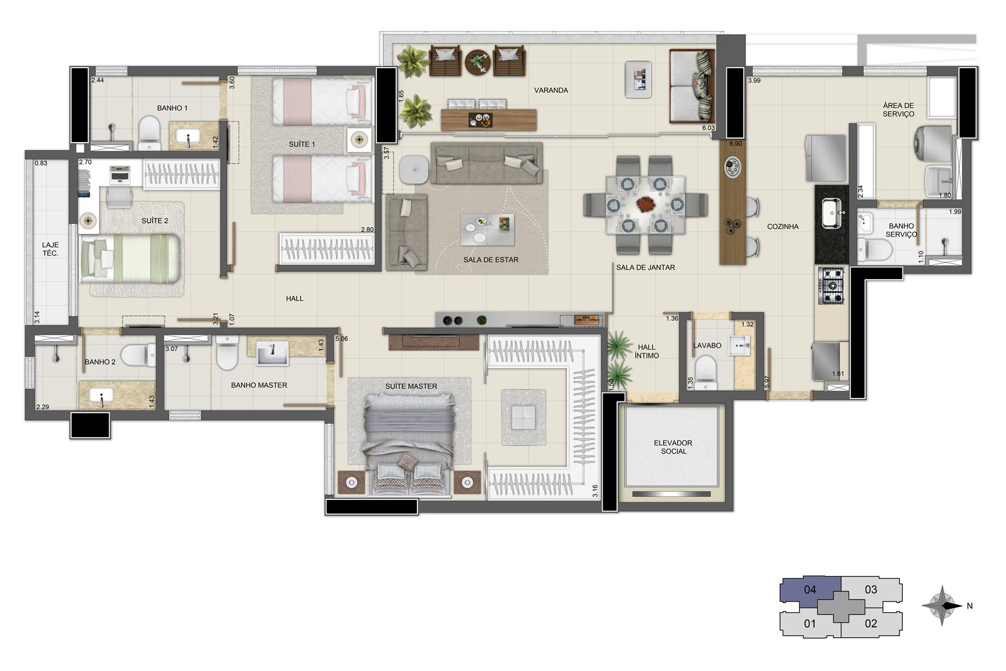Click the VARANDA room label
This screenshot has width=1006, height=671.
point(551,91)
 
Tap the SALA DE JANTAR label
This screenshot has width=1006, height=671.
point(645,268)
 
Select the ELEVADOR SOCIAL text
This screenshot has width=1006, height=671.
point(673,447)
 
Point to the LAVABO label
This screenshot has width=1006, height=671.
point(707,346)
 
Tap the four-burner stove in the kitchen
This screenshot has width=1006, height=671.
point(831,286)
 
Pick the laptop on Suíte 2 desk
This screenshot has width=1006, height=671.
point(120,175)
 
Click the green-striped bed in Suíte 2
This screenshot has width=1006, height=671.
point(131,258)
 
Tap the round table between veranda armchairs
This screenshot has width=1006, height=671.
point(478,62)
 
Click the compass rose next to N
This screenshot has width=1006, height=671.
point(942,606)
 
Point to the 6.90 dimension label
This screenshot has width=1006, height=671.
point(736,144)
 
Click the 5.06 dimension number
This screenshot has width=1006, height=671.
point(341,338)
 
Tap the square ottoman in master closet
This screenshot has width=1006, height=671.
point(523,418)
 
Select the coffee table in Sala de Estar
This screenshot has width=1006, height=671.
point(487,230)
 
